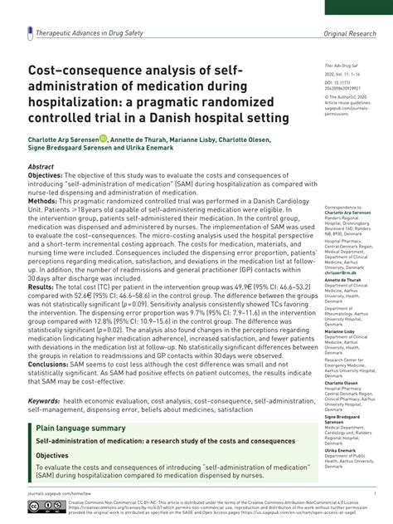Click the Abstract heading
point(41,166)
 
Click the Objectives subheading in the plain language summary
point(52,456)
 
